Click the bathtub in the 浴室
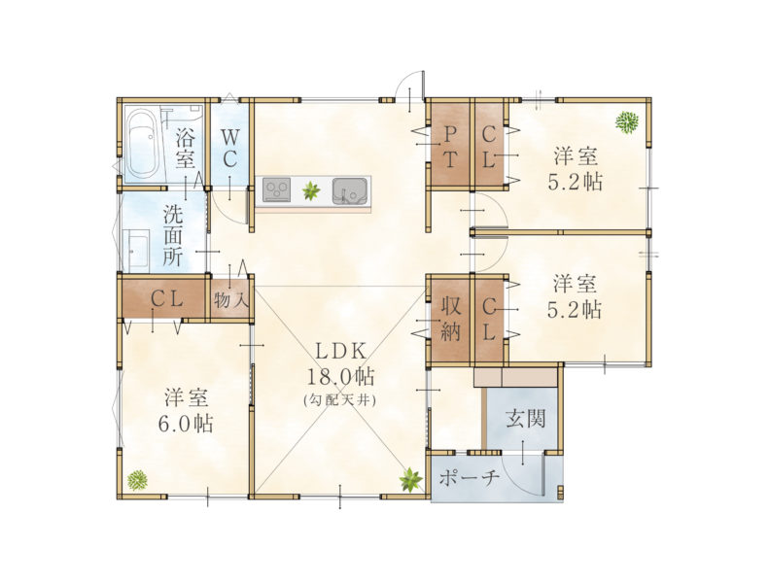click(x=144, y=145)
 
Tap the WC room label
click(x=228, y=148)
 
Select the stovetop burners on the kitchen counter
click(x=276, y=189)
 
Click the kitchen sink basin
click(x=350, y=190)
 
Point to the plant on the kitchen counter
click(x=310, y=189)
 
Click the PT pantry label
click(x=450, y=148)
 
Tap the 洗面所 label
click(x=173, y=235)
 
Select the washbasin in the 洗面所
click(x=138, y=250)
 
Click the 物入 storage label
click(x=230, y=299)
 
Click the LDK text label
click(x=340, y=352)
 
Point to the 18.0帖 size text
click(x=341, y=377)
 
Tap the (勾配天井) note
click(x=340, y=400)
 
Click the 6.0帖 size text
click(x=186, y=423)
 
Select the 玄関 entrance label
click(x=525, y=419)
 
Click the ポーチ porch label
click(x=469, y=477)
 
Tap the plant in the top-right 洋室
click(x=627, y=121)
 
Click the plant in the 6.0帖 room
click(x=137, y=480)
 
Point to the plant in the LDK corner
click(x=410, y=479)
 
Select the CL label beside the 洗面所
click(x=167, y=299)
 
